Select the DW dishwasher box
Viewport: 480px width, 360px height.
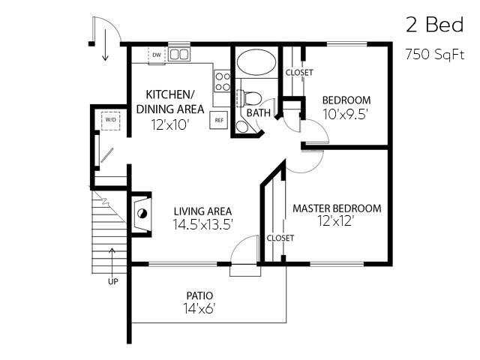pos(157,55)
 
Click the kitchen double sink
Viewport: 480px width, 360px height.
pos(178,55)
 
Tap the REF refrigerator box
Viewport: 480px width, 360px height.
pos(219,119)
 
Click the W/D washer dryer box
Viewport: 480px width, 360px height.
pos(110,119)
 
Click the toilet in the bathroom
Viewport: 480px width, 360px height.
pos(251,97)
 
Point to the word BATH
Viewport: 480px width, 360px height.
pos(258,113)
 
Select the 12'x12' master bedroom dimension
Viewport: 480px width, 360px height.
pos(336,221)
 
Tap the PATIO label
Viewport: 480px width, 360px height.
pos(199,295)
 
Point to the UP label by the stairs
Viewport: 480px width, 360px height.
pos(113,282)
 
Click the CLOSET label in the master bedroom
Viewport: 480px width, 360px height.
pos(280,238)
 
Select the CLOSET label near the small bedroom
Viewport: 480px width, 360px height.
pos(299,73)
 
